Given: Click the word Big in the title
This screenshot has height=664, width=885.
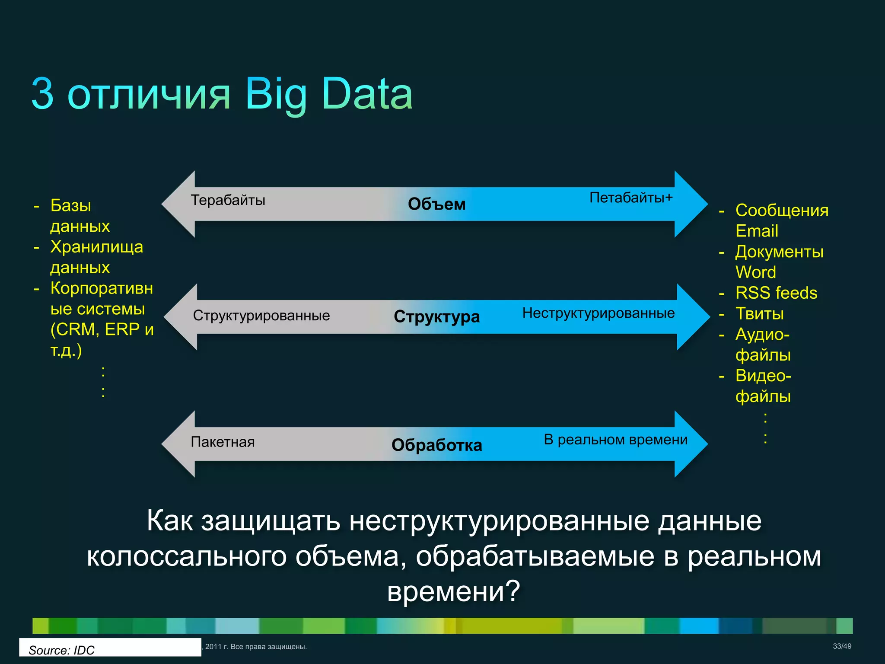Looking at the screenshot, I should coord(276,94).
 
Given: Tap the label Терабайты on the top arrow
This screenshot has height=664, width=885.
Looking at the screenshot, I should coord(228,200).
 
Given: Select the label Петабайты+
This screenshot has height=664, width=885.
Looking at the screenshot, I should coord(631,198).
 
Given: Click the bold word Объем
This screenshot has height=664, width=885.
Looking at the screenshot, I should coord(436,204).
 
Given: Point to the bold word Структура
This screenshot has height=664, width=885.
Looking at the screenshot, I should coord(436,316).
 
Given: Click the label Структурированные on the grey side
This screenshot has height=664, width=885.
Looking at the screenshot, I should coord(261,316).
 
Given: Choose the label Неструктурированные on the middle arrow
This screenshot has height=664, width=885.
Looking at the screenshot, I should coord(598,313).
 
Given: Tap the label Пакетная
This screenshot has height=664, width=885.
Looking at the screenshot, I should coord(223,442).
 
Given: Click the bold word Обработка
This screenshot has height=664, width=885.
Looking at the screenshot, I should coord(436,445).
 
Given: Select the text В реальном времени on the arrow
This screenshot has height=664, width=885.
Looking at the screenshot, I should coord(615,440).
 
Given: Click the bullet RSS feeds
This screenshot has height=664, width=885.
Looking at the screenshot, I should coord(776,293).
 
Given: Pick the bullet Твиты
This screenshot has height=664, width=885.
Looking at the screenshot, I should coord(759,314).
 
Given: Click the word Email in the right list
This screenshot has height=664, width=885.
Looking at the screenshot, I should coord(757,231).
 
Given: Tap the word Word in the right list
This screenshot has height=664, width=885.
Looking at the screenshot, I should coord(755,272).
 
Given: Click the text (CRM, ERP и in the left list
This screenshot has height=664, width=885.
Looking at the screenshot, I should coord(102,329).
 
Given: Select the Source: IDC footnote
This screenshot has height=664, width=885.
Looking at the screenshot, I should coord(61,650).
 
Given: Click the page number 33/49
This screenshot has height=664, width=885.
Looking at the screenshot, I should coord(842,646).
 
